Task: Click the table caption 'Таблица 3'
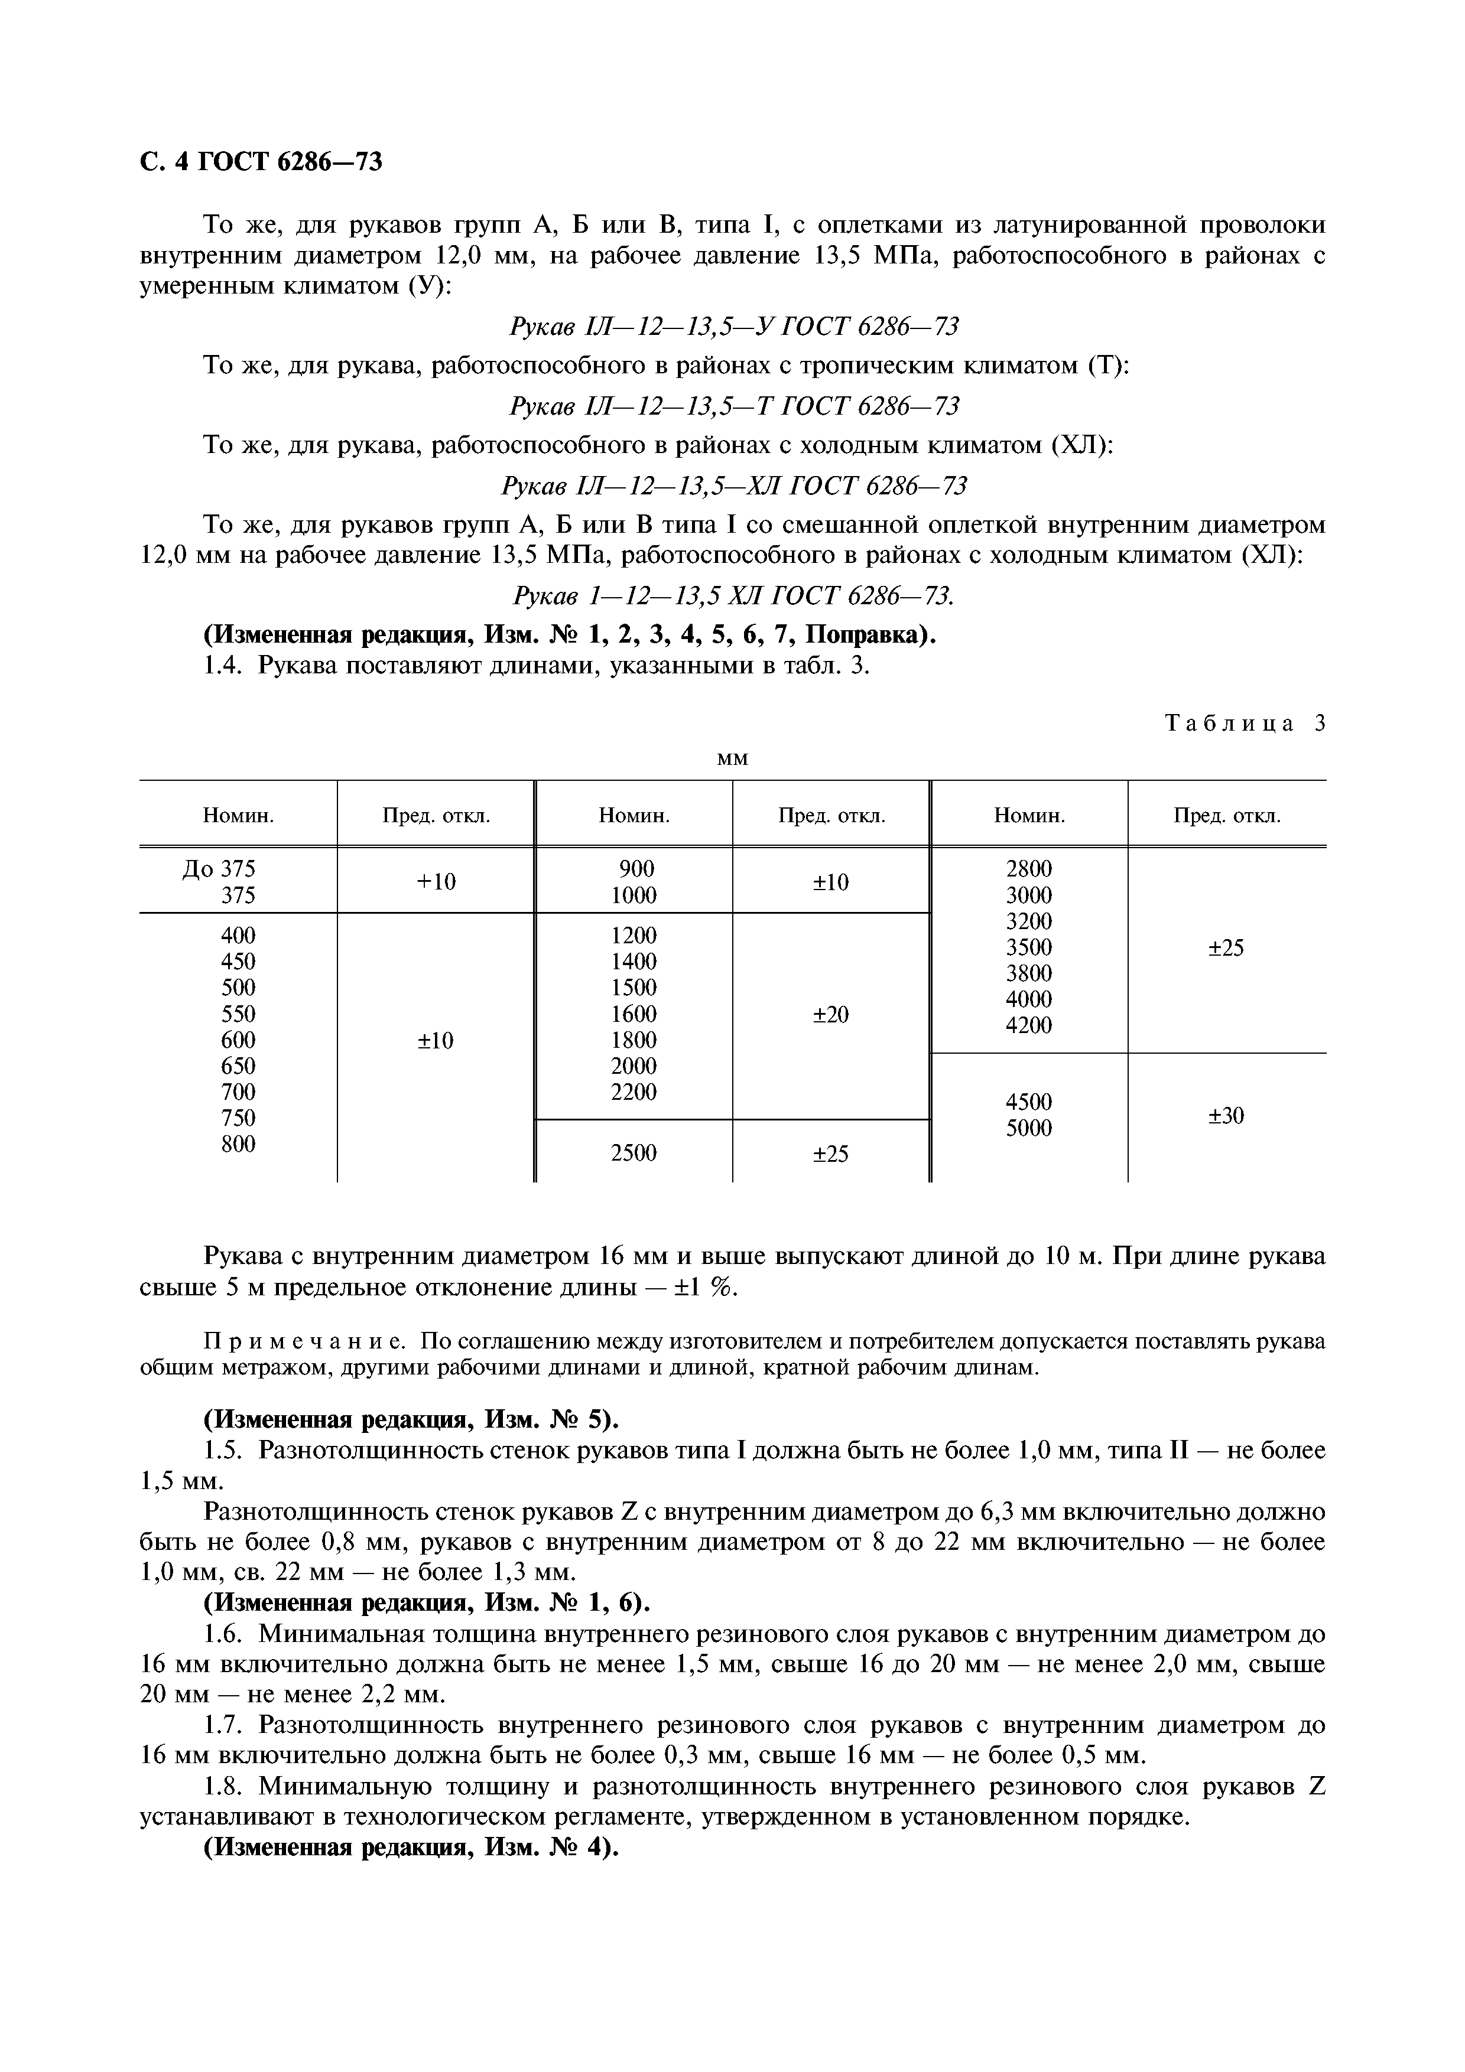1245,723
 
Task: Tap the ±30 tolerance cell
1226,1116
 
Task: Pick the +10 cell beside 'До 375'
436,882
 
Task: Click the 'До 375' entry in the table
219,868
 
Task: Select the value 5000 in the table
1029,1128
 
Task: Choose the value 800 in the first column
238,1143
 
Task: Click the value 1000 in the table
634,895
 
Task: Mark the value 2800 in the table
1029,869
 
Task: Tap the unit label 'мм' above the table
732,759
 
